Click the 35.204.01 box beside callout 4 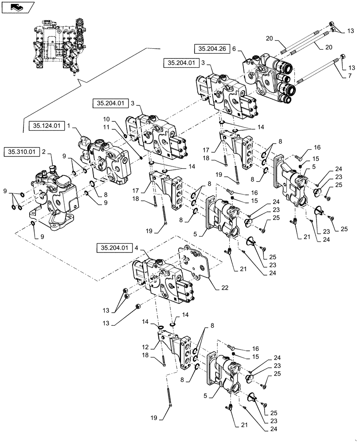pos(113,248)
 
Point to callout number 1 pos(69,126)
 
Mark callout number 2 pos(44,152)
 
